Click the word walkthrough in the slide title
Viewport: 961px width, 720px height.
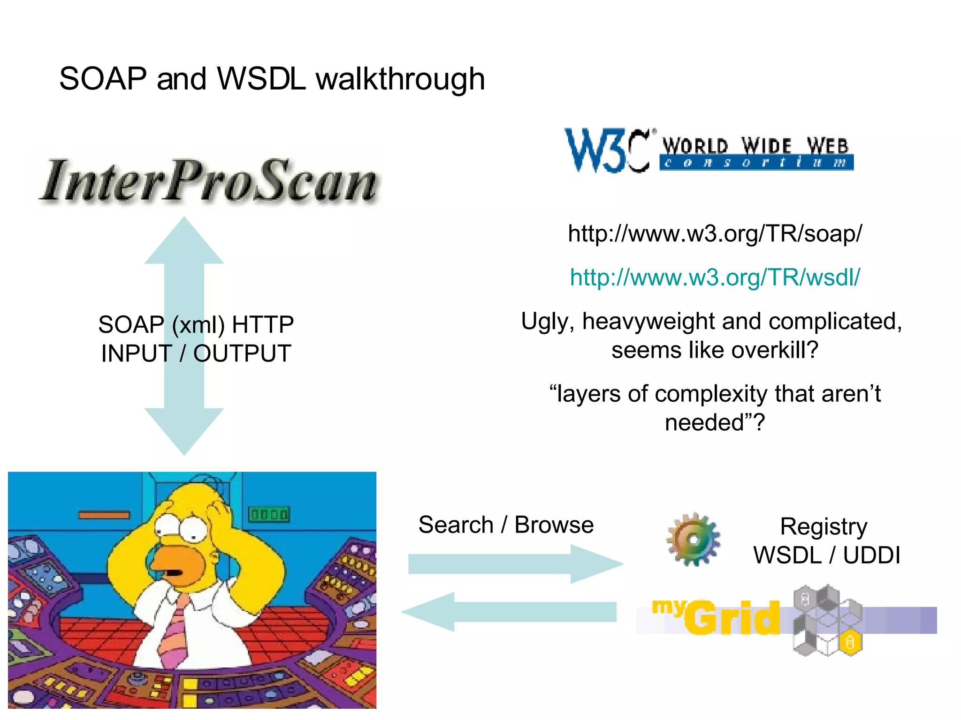pos(400,79)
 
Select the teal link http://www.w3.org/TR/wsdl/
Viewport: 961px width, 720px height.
pos(715,277)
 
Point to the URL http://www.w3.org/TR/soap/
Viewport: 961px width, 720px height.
pos(715,233)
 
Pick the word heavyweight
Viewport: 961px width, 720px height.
pos(649,322)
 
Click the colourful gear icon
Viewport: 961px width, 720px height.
pos(694,540)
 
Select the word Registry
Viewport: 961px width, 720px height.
pos(824,527)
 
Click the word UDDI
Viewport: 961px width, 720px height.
pos(871,555)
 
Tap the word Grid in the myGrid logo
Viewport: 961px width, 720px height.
pos(732,618)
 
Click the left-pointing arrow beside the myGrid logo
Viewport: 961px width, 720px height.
pos(509,612)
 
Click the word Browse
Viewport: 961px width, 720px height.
pos(554,525)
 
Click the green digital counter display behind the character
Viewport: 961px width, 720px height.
pos(269,514)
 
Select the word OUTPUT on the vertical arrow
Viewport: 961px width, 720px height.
pos(242,353)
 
